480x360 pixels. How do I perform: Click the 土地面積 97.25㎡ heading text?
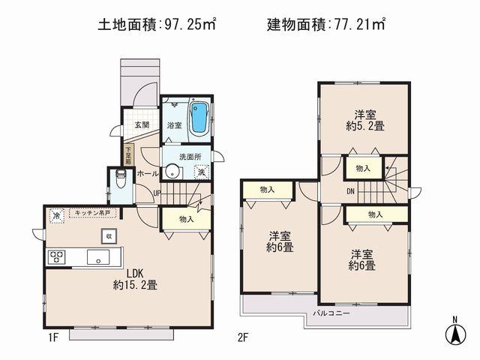point(157,25)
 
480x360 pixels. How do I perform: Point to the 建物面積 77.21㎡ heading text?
point(325,25)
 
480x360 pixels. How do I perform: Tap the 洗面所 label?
point(191,157)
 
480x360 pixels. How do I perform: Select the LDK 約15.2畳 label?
point(134,279)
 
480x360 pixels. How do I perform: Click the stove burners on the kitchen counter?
point(57,257)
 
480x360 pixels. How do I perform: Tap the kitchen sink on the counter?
point(99,257)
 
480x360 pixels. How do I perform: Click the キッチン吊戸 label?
point(91,214)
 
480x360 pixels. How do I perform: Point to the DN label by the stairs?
point(351,190)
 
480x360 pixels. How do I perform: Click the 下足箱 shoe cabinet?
point(128,154)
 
